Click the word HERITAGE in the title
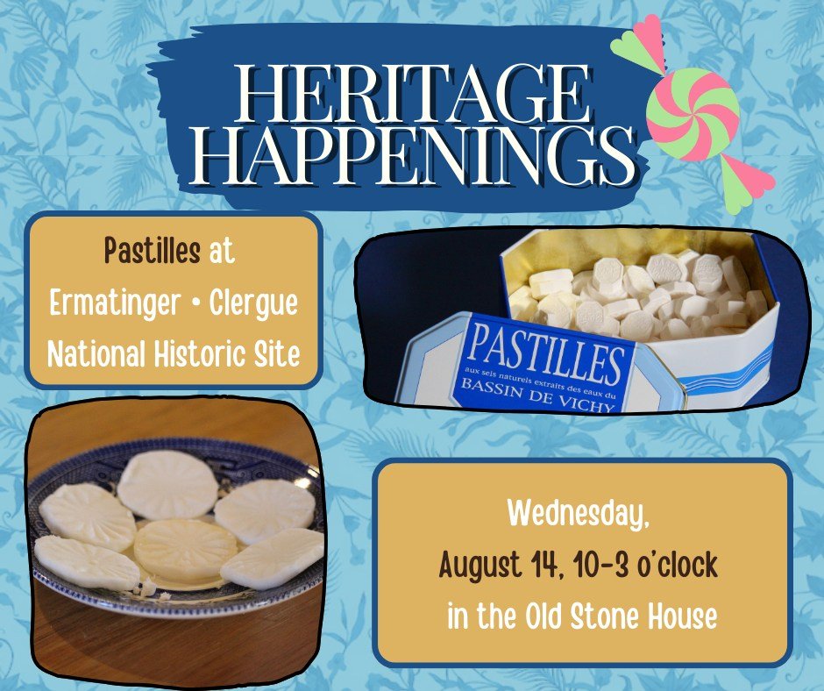point(413,94)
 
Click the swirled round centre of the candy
point(693,114)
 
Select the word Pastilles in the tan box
point(152,250)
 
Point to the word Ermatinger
point(115,304)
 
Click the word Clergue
point(253,304)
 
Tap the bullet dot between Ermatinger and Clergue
point(195,303)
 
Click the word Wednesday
point(578,513)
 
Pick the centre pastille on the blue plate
point(185,548)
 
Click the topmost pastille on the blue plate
point(167,485)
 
